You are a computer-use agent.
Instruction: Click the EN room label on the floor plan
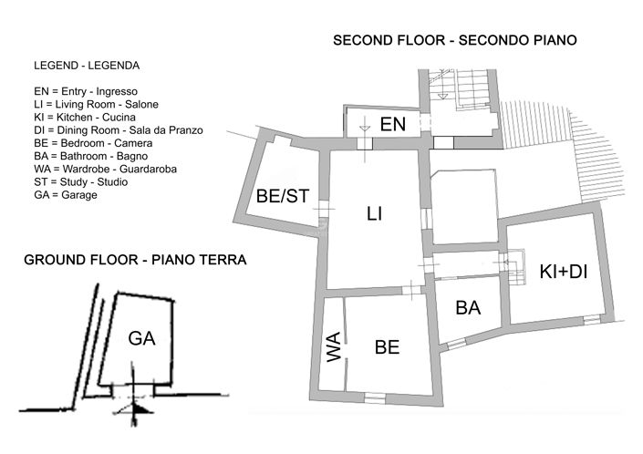point(392,124)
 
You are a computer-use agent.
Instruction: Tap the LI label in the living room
point(374,214)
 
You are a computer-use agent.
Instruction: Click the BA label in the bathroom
point(468,308)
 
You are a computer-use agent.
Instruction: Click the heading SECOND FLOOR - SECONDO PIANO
point(454,41)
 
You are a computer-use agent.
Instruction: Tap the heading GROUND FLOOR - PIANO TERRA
point(134,260)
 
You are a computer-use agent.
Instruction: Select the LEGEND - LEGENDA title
point(87,67)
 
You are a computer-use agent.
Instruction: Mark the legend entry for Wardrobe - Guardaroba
point(105,169)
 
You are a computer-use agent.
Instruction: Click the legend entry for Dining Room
point(118,130)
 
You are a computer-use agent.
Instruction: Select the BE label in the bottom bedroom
point(388,347)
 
